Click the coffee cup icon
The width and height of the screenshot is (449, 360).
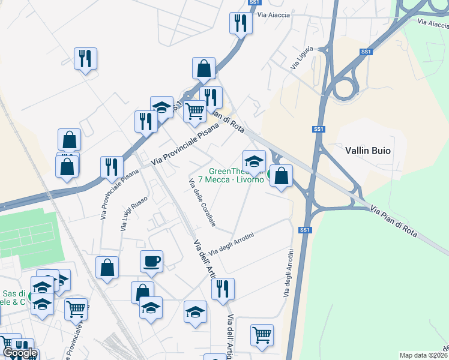(151, 261)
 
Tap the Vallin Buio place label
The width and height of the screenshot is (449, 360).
(368, 151)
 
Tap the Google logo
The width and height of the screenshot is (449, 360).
(20, 353)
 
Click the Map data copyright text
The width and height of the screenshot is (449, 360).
(423, 355)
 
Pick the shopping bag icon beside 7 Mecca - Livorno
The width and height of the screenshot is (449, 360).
(281, 176)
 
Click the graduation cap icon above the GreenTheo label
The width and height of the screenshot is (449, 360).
(254, 161)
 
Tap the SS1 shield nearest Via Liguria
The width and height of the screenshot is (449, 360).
(366, 52)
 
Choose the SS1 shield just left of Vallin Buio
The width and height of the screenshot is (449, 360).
(318, 129)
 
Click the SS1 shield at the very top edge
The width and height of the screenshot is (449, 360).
(253, 2)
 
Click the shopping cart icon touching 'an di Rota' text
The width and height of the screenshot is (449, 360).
(194, 111)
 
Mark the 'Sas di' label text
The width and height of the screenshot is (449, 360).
(13, 294)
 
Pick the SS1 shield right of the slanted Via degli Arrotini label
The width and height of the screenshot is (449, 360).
(305, 230)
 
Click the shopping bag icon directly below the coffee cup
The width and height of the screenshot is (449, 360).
(142, 292)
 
